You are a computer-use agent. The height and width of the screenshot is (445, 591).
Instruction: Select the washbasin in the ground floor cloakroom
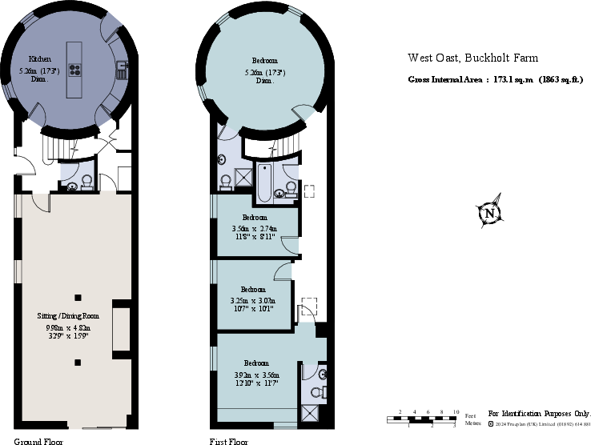[73, 186]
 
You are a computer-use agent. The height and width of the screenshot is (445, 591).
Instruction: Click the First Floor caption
[229, 441]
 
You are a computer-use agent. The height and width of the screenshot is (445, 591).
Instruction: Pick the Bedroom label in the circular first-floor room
[264, 62]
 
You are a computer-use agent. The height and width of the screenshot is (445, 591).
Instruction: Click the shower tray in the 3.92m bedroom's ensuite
[310, 413]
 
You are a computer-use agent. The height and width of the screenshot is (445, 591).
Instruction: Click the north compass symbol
[489, 213]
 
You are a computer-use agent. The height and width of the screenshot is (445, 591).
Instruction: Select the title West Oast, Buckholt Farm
[472, 58]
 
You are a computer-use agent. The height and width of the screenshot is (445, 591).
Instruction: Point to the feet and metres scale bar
[428, 417]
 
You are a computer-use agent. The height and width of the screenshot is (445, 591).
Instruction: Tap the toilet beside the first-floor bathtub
[290, 189]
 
